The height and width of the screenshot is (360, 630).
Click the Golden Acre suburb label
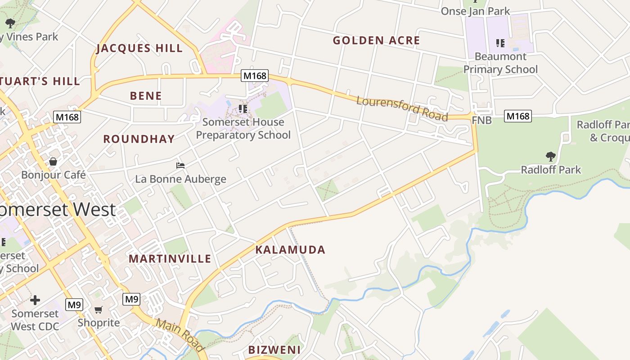pos(376,40)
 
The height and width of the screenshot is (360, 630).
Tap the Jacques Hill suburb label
pos(139,49)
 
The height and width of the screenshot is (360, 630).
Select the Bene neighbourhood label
pos(146,96)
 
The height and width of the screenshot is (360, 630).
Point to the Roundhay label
pos(139,139)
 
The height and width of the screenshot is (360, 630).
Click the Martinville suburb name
pos(170,259)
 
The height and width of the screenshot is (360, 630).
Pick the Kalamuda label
pos(290,250)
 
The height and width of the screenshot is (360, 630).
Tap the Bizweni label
pos(274,350)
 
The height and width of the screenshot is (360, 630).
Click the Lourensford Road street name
pos(402,108)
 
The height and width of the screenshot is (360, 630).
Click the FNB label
pos(481,121)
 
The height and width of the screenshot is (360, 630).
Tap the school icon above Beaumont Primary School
pos(500,43)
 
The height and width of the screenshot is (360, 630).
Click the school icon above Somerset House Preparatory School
pos(243,109)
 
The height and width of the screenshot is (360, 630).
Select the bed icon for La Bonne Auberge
pos(180,166)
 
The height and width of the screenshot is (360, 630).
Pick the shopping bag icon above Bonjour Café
pos(53,162)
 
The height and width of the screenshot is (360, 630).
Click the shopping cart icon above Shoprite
pos(99,310)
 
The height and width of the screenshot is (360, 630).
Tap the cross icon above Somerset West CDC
pos(35,300)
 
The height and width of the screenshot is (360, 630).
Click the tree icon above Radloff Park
pos(550,157)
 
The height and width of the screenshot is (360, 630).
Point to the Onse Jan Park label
pos(475,11)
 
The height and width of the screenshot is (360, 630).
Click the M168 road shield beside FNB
pos(517,116)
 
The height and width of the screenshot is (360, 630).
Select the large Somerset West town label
pos(58,210)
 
